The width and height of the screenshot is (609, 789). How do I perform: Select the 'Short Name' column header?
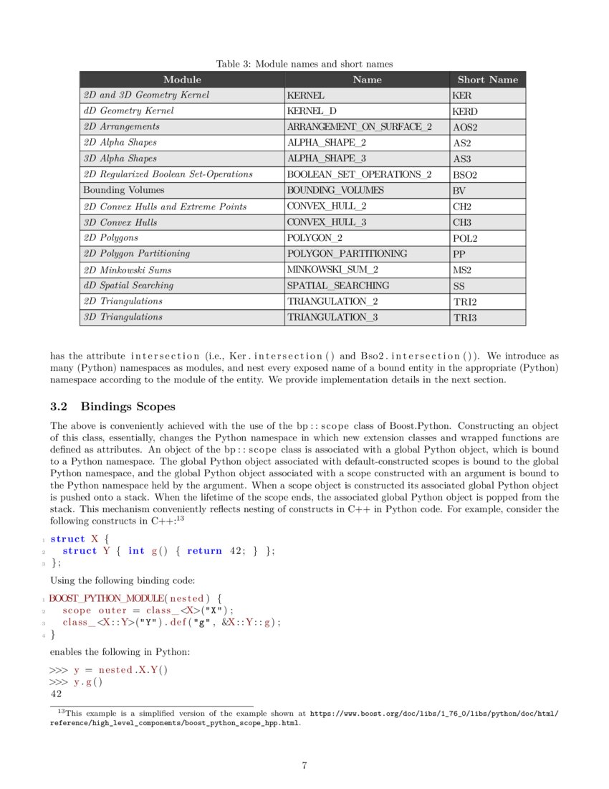tap(487, 80)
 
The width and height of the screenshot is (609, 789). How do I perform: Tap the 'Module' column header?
tap(182, 80)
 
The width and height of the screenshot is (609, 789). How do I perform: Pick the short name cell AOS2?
tap(465, 127)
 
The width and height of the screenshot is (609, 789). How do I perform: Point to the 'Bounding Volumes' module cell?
tap(123, 190)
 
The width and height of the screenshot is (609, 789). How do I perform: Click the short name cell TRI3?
tap(464, 317)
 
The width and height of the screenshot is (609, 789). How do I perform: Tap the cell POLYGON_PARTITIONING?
tap(347, 253)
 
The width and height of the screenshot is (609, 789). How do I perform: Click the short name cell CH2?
tap(462, 207)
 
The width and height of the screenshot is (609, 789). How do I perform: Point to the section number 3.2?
tap(60, 407)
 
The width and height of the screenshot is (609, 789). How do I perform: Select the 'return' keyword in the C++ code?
tap(204, 551)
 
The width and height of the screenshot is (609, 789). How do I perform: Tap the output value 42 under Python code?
tap(56, 694)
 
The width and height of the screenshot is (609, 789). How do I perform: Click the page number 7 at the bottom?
tap(304, 765)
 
